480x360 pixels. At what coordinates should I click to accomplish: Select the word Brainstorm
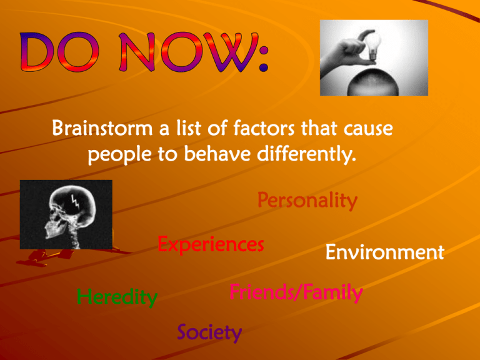[x=102, y=128]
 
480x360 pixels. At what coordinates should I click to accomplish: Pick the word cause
[x=368, y=129]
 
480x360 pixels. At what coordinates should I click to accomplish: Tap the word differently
[x=306, y=154]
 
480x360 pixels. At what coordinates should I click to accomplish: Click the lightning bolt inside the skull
[x=75, y=202]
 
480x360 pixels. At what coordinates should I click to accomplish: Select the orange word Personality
[x=307, y=201]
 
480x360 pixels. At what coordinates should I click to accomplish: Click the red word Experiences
[x=211, y=245]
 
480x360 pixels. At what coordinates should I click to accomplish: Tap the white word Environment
[x=385, y=252]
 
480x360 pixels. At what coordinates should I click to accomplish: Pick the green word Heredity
[x=117, y=297]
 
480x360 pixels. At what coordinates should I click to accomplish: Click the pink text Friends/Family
[x=296, y=292]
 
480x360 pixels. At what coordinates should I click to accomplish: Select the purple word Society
[x=209, y=332]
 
